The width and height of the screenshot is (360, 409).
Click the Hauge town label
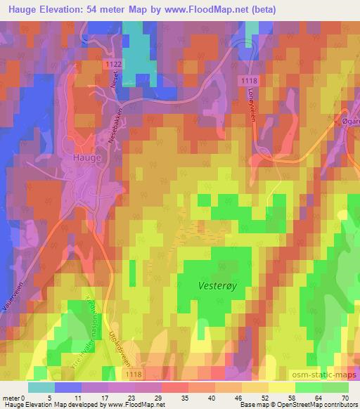pos(86,158)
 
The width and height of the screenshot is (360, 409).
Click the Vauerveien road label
pos(13,294)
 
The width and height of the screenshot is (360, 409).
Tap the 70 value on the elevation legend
pos(345,398)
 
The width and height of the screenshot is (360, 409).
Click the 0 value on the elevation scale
pos(28,398)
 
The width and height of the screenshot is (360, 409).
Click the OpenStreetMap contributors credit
pos(314,405)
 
